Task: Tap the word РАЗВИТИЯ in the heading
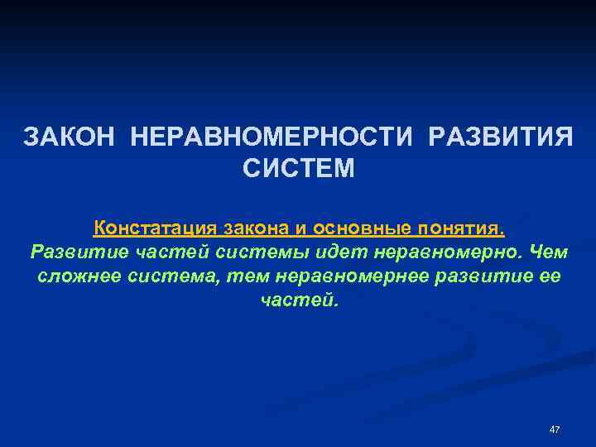(x=500, y=135)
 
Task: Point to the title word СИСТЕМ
(x=298, y=168)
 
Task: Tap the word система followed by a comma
(x=178, y=276)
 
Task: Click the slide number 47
(x=555, y=430)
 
